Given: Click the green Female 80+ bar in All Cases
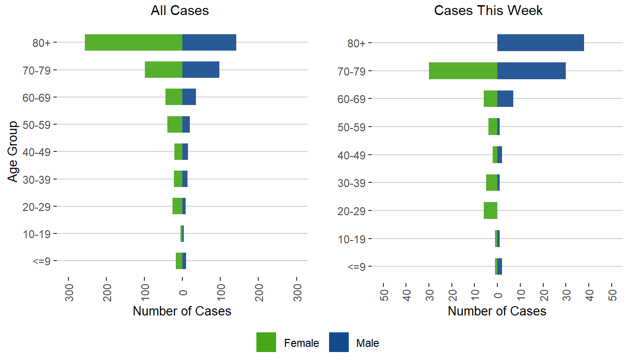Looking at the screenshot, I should (x=134, y=43).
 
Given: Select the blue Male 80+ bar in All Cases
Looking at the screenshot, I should (x=209, y=43).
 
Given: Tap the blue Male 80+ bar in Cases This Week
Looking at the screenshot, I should (x=540, y=43).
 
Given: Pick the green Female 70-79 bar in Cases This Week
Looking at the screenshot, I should (x=463, y=71).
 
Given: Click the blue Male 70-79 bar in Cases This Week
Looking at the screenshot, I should (x=532, y=71).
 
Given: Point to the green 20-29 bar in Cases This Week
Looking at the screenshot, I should (x=490, y=210).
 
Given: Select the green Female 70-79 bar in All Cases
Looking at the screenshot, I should (x=164, y=70).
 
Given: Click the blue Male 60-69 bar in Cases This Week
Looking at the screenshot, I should (x=505, y=99).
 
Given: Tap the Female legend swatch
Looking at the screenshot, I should (x=266, y=342).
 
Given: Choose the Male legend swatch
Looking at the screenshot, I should (x=339, y=342).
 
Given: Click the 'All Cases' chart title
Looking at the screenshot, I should (x=180, y=11).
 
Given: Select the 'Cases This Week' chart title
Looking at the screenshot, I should (x=488, y=11).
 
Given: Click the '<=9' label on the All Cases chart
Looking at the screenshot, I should (x=42, y=262).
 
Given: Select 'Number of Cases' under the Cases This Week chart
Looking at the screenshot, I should (x=497, y=311).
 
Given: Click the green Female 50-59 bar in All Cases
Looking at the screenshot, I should (x=175, y=124).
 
